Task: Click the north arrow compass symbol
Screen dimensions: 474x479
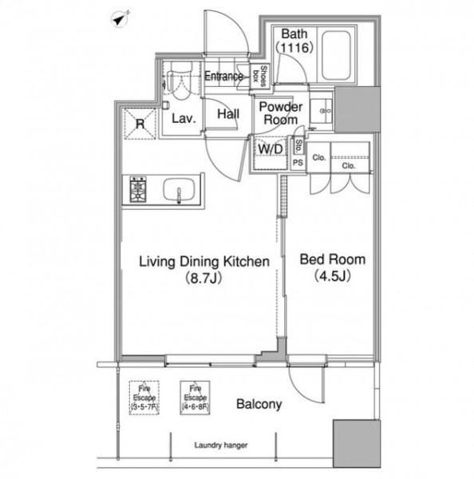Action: (120, 18)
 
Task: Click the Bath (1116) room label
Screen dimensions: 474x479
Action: (294, 41)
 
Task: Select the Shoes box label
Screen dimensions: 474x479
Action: (259, 76)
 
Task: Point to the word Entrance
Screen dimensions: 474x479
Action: (223, 76)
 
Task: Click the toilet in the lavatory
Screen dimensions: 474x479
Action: (181, 81)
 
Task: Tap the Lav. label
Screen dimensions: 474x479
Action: (184, 118)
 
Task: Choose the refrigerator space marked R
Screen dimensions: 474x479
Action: (140, 124)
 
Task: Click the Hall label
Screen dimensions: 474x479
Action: (228, 114)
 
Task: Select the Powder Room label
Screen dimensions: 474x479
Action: (280, 113)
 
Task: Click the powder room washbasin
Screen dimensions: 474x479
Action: (321, 111)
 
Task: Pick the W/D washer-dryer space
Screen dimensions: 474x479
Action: (271, 152)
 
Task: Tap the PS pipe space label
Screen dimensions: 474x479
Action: (298, 163)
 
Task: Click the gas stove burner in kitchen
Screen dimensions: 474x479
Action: (138, 189)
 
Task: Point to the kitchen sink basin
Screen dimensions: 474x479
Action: (180, 189)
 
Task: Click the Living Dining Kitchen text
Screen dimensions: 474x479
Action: (204, 262)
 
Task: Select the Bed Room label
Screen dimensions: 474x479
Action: (332, 259)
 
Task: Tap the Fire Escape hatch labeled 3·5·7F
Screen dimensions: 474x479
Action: (144, 398)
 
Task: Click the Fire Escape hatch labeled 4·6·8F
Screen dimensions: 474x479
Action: (196, 398)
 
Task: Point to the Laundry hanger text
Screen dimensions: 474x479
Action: (221, 445)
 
